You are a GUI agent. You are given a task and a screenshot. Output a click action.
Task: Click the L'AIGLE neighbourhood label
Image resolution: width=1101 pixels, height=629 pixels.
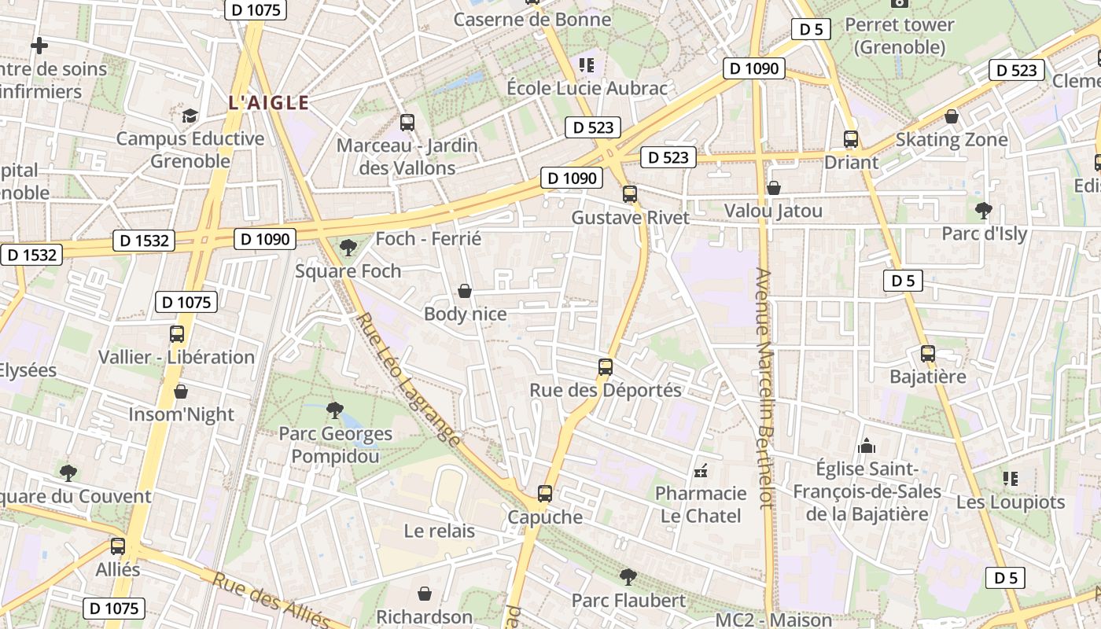click(268, 102)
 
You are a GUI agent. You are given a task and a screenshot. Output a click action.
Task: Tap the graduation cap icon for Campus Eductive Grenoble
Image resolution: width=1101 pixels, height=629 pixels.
click(190, 116)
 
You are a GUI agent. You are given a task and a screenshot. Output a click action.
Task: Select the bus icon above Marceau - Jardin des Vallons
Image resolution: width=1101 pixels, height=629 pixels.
click(407, 123)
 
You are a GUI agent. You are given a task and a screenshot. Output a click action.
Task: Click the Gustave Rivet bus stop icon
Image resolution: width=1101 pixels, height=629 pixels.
click(629, 194)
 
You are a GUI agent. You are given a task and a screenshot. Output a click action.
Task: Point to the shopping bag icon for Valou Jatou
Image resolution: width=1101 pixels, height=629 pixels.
click(774, 188)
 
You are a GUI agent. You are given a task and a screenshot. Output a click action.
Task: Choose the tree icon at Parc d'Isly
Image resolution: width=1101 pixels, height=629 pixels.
click(983, 210)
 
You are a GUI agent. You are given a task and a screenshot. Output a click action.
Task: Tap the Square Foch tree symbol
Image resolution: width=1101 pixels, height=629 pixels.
click(347, 248)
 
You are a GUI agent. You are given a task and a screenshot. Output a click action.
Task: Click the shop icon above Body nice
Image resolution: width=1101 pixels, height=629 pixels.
click(465, 292)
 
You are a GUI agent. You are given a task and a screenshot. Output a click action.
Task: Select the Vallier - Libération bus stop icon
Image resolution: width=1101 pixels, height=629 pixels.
click(177, 334)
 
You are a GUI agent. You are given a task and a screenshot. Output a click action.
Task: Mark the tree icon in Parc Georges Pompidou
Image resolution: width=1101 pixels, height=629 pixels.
click(334, 410)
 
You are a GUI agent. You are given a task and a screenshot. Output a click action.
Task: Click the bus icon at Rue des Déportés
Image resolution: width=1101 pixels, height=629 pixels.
click(605, 367)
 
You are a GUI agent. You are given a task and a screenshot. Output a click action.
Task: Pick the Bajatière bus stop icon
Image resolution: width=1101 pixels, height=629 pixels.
click(927, 354)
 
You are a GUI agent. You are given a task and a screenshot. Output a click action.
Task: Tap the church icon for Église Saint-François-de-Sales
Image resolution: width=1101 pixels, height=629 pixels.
click(867, 447)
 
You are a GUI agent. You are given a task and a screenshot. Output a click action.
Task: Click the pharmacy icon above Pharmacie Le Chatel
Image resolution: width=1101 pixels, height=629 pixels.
click(701, 471)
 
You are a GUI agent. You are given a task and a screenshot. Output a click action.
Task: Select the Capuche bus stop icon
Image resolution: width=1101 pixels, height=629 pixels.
click(545, 494)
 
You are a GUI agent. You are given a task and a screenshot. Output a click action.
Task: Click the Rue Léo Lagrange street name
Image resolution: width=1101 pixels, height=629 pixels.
click(409, 380)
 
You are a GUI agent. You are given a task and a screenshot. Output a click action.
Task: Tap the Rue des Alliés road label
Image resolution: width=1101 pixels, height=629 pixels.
click(271, 601)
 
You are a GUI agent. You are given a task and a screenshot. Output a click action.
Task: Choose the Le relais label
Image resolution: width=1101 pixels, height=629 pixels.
click(440, 531)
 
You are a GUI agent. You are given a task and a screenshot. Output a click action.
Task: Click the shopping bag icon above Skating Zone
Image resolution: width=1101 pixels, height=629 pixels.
click(952, 117)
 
